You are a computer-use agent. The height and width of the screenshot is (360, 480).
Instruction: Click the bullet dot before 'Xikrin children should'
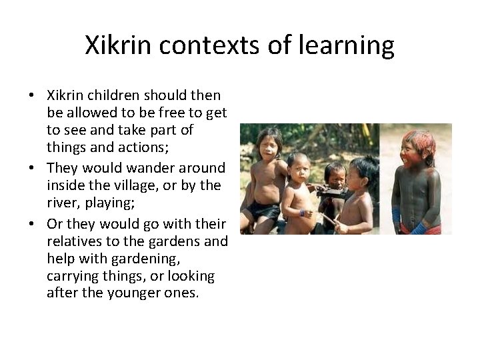(x=32, y=96)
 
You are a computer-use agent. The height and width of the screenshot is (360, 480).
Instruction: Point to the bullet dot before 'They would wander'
(x=32, y=168)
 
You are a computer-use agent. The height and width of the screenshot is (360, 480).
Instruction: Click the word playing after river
(x=101, y=204)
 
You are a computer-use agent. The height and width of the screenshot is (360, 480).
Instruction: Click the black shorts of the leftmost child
(x=263, y=211)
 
